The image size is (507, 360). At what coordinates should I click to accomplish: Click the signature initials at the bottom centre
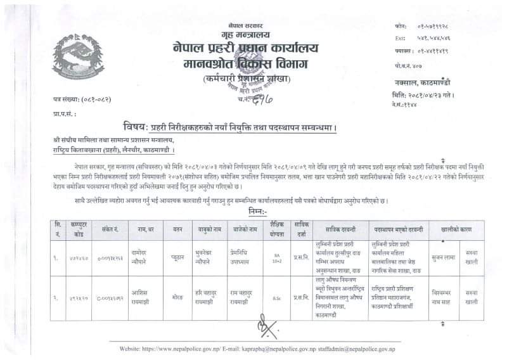click(x=260, y=328)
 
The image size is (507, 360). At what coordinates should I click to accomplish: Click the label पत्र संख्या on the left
click(x=61, y=100)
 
